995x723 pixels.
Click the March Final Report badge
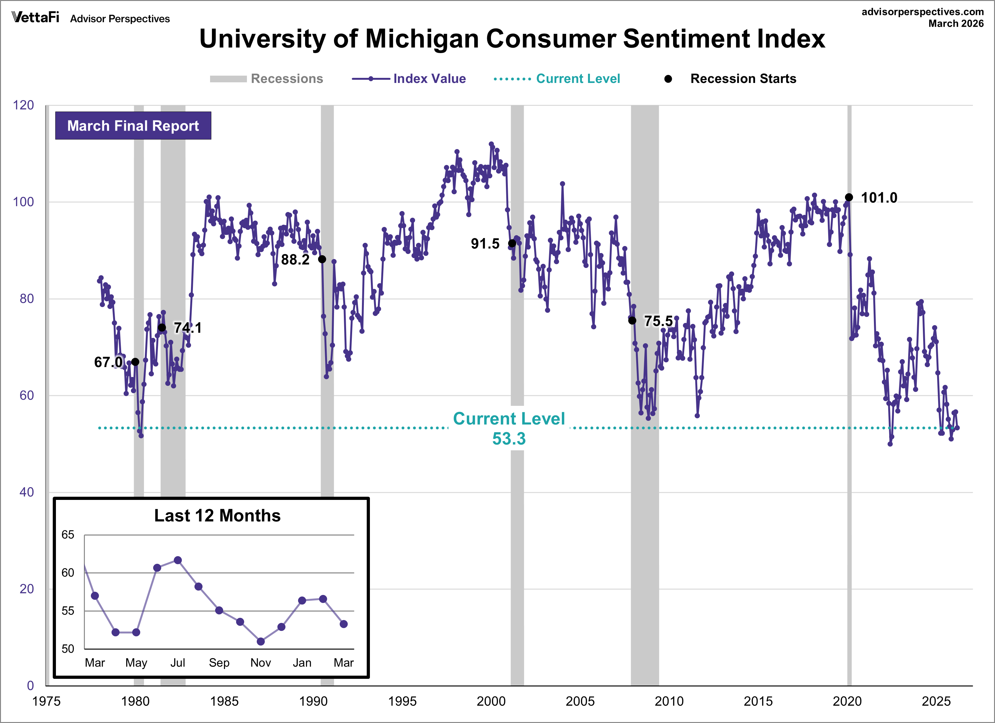(x=133, y=126)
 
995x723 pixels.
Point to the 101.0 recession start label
(x=879, y=198)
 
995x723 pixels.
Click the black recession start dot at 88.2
(x=322, y=259)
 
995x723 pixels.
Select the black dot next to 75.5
(x=632, y=321)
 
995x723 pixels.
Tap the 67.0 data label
(x=108, y=362)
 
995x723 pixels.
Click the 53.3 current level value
(x=509, y=439)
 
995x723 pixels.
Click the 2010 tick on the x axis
(x=669, y=701)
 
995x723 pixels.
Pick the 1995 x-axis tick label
(x=402, y=701)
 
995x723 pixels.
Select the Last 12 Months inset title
(x=217, y=516)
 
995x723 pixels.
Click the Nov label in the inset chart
(x=261, y=662)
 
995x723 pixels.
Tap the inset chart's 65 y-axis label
(x=68, y=535)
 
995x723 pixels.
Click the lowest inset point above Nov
(x=261, y=641)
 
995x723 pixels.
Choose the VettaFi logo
(x=35, y=17)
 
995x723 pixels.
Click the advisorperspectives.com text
(x=922, y=12)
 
